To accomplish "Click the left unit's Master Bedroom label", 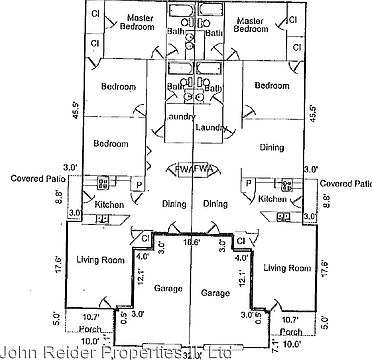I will (x=132, y=26).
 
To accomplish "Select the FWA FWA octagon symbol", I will (x=186, y=169).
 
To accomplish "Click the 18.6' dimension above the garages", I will (x=186, y=241).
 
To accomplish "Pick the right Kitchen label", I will (x=272, y=199).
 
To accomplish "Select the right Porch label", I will (x=291, y=333).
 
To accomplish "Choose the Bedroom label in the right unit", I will (x=272, y=87).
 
